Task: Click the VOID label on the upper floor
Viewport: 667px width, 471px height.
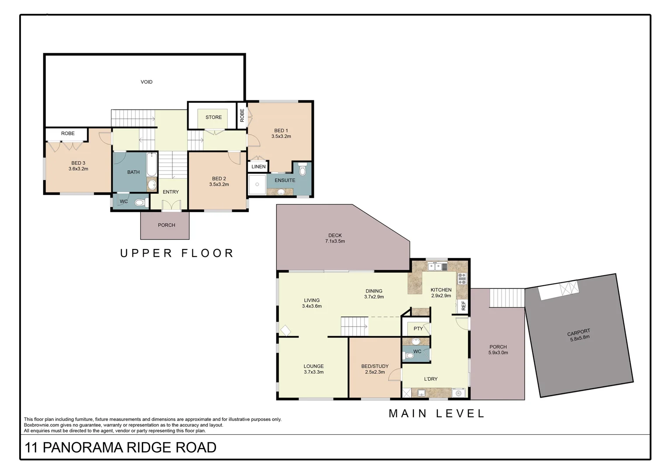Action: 147,82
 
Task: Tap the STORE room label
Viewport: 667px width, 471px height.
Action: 213,117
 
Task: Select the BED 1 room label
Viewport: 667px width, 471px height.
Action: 281,130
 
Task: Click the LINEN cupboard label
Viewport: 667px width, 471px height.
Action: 258,167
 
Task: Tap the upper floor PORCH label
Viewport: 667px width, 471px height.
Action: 166,225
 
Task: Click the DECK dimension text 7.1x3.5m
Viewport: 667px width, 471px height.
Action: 335,241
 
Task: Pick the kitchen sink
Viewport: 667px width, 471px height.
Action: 435,266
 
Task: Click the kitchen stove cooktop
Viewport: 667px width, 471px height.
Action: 462,278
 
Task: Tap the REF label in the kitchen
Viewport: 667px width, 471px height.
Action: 464,306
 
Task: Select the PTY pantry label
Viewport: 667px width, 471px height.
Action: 418,329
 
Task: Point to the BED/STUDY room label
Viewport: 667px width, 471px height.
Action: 375,366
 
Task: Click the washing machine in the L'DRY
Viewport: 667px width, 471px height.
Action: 458,393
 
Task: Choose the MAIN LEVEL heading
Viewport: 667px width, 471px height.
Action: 437,413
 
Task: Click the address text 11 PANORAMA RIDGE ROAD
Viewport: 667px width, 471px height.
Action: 120,447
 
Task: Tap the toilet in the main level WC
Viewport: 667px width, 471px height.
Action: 409,356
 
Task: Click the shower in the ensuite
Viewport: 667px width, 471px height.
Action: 258,184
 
